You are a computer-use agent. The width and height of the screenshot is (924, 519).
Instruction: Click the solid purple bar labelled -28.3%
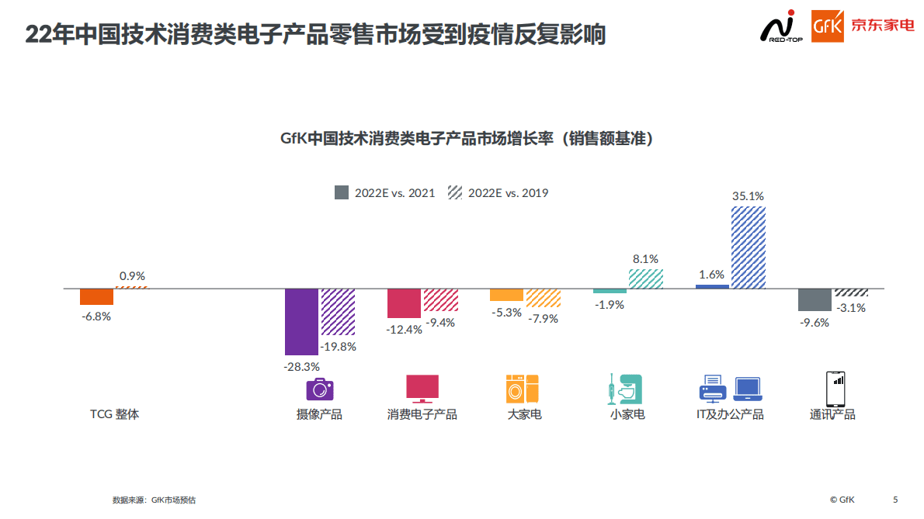click(301, 321)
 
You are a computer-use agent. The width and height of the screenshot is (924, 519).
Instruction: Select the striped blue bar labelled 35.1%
click(748, 247)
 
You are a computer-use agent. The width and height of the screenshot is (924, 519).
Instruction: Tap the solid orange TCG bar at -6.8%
click(97, 296)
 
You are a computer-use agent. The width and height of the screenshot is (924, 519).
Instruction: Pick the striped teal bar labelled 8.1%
click(645, 279)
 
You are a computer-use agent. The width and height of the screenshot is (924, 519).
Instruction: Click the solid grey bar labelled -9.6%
click(815, 299)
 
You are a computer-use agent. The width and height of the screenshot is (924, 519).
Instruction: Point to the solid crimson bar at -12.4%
click(404, 303)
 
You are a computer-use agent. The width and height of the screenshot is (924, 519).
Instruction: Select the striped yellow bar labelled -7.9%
click(543, 298)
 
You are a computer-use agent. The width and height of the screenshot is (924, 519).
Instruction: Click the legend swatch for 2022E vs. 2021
click(342, 192)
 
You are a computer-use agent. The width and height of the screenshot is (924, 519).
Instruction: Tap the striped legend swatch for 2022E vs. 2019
click(454, 192)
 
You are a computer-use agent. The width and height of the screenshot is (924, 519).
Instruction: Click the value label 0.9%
click(132, 275)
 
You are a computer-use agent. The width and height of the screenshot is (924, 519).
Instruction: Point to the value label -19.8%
click(339, 347)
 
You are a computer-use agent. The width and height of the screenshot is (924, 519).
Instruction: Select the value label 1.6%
click(711, 274)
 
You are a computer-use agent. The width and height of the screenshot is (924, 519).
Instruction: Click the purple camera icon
click(319, 388)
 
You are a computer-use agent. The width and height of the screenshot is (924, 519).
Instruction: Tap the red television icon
click(422, 388)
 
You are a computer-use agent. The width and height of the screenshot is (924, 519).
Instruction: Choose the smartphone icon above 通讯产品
click(835, 389)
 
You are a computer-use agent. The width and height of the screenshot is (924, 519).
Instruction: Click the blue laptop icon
click(749, 388)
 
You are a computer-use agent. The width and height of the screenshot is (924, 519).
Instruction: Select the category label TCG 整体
click(114, 414)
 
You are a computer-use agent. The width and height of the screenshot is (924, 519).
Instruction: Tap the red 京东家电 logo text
click(883, 26)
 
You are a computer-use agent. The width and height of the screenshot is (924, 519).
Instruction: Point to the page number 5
click(895, 500)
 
